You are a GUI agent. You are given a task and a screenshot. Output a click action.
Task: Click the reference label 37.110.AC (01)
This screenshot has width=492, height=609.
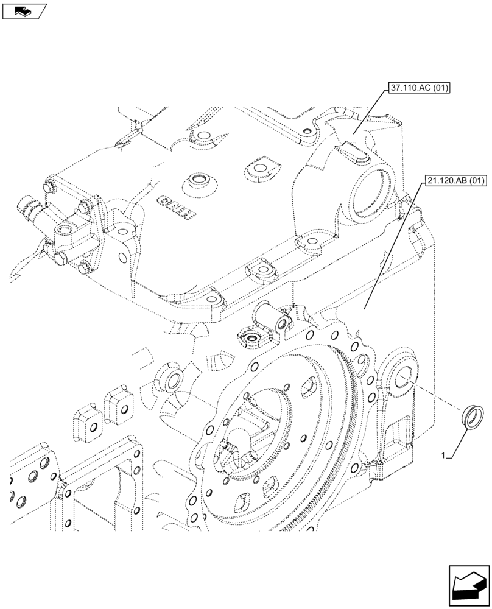click(x=418, y=89)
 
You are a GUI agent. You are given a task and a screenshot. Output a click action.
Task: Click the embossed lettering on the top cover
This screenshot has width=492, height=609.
click(x=176, y=206)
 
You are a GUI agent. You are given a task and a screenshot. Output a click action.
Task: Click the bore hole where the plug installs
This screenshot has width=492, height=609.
click(x=404, y=381)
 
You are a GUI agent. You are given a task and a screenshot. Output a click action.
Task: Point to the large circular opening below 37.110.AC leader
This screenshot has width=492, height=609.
click(x=366, y=193)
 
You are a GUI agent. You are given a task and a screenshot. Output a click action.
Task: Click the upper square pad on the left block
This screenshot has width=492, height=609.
click(x=121, y=403)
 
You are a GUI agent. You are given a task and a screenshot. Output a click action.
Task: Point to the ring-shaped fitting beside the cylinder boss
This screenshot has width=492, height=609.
click(x=251, y=336)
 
